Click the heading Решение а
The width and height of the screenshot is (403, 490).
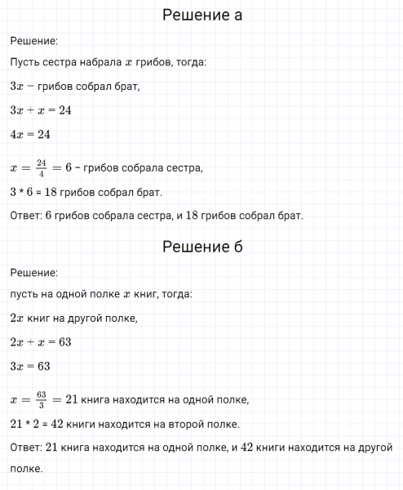(201, 16)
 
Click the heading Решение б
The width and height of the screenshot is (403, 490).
(201, 247)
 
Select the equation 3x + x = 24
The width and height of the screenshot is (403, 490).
(41, 110)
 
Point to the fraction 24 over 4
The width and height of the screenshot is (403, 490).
(42, 167)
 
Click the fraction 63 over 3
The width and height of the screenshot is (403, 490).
(42, 399)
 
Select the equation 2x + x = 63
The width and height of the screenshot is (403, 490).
(41, 341)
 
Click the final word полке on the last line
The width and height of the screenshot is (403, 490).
(25, 470)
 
